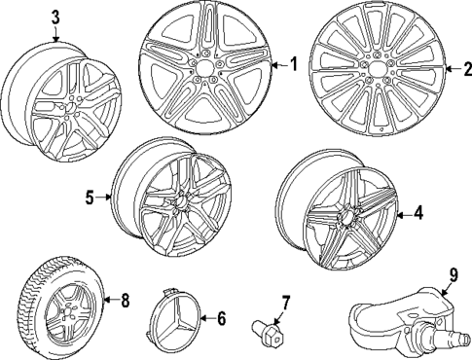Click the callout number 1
293,65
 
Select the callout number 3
54,17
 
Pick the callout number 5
90,198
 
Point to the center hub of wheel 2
382,69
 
